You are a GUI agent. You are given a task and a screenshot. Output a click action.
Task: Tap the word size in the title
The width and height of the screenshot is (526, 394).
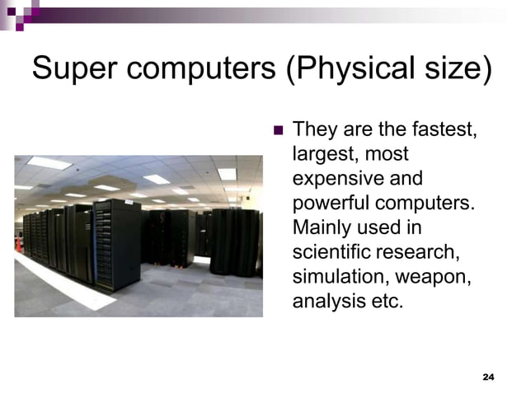click(454, 69)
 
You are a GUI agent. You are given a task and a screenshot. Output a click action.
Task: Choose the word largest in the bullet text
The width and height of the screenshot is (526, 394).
click(322, 153)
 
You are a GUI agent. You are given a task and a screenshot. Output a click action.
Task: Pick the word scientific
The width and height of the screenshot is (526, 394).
click(328, 251)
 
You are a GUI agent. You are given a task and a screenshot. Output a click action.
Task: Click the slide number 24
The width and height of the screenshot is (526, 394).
click(487, 376)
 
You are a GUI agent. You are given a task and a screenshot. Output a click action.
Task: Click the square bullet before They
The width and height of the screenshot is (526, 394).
click(277, 129)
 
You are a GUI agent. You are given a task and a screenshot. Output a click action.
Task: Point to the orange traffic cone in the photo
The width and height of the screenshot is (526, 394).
click(19, 244)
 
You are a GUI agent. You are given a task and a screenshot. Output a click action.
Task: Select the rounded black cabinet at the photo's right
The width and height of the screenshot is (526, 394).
click(234, 241)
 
